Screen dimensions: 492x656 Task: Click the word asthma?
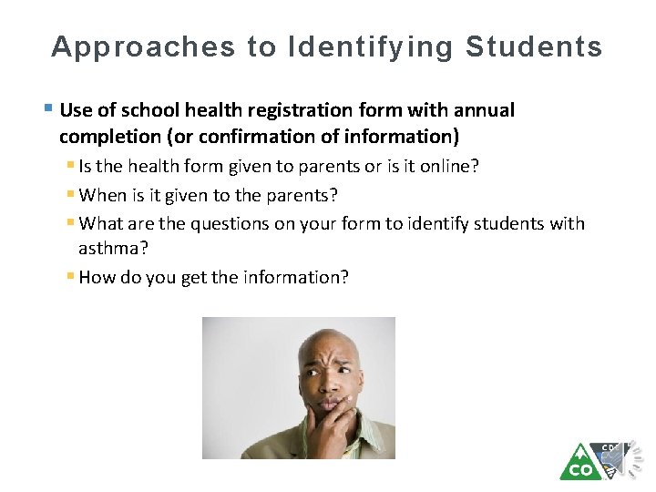pos(112,248)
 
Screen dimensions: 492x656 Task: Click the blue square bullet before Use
pos(47,110)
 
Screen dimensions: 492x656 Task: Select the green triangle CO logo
pos(579,462)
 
